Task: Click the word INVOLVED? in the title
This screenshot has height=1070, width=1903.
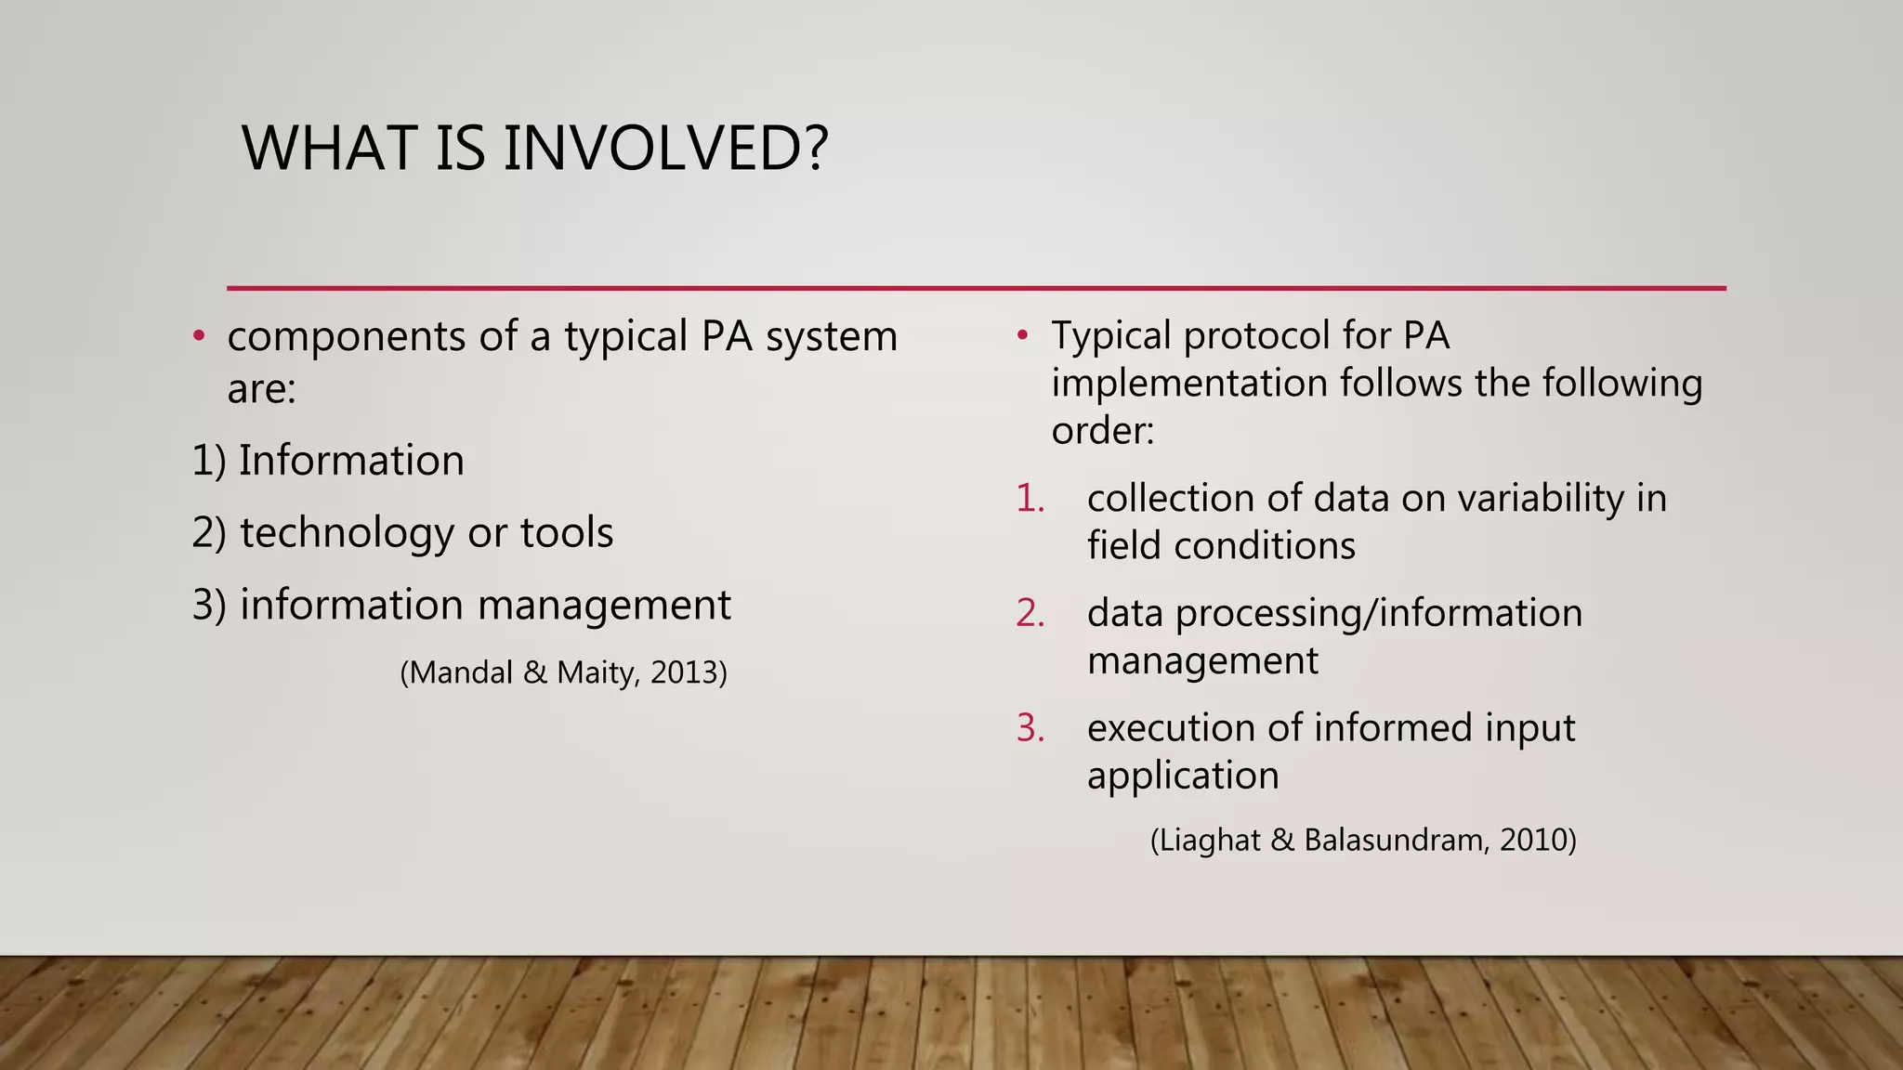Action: (x=664, y=149)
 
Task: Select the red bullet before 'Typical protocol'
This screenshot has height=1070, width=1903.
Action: (x=1022, y=334)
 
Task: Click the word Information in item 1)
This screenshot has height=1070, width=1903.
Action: (x=351, y=461)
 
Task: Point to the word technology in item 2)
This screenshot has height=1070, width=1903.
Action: (x=348, y=533)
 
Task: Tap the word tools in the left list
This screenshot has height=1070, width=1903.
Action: (x=567, y=533)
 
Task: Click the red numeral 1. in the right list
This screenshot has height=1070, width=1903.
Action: (x=1030, y=499)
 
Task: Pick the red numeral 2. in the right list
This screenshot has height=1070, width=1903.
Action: (x=1030, y=613)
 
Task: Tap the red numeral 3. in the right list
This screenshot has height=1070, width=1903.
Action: (x=1030, y=728)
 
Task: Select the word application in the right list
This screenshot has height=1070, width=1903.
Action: (x=1183, y=776)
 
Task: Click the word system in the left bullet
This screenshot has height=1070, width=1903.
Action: (x=832, y=337)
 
